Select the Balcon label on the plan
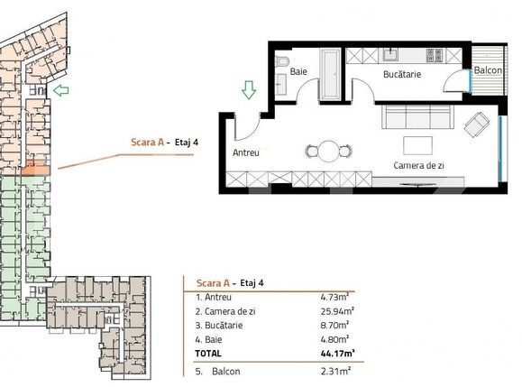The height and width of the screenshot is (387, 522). [x=488, y=70]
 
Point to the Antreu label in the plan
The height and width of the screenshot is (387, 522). [x=246, y=152]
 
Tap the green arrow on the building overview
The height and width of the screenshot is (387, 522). [x=61, y=90]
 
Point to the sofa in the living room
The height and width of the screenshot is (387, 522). [x=417, y=115]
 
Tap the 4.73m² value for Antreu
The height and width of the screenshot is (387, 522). [x=335, y=297]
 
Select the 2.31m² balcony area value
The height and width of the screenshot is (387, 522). [x=335, y=371]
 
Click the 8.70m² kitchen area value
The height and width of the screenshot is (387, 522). [x=335, y=325]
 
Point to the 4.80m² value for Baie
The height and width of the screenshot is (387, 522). [x=335, y=339]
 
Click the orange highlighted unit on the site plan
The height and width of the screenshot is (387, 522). [x=36, y=169]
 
